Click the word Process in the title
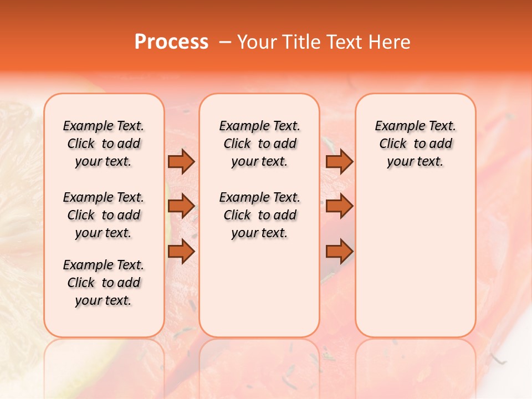pyautogui.click(x=171, y=42)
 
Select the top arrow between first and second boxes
pyautogui.click(x=181, y=162)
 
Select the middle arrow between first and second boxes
pyautogui.click(x=181, y=206)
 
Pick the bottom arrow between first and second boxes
pyautogui.click(x=181, y=251)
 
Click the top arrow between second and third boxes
pyautogui.click(x=339, y=162)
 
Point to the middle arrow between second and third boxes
pyautogui.click(x=339, y=206)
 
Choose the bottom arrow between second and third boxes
pyautogui.click(x=339, y=251)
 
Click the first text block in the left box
pyautogui.click(x=104, y=144)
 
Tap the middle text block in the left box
pyautogui.click(x=104, y=215)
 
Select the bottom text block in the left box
pyautogui.click(x=104, y=283)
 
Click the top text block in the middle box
pyautogui.click(x=259, y=144)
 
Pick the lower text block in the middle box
pyautogui.click(x=259, y=215)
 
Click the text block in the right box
pyautogui.click(x=416, y=144)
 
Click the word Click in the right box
pyautogui.click(x=393, y=144)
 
